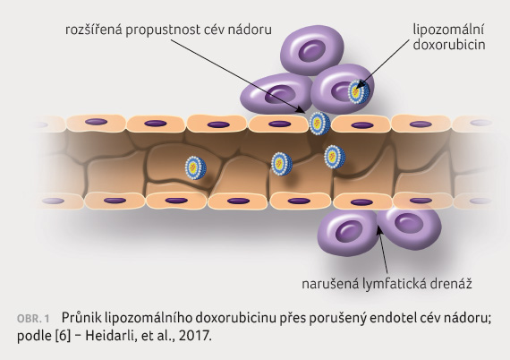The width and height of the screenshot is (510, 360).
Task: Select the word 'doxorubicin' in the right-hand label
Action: coord(449,45)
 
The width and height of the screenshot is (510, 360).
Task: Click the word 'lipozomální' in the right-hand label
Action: coord(448,30)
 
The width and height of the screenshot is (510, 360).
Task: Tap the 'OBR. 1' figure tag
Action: coord(33,319)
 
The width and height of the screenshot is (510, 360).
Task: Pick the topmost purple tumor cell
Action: coord(312,52)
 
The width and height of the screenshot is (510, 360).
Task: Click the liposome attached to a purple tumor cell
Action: coord(359,91)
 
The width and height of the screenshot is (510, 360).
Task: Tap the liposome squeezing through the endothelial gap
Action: coord(319,124)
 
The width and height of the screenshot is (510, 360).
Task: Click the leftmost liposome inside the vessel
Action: coord(196,167)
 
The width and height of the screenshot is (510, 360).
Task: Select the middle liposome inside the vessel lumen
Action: coord(282,164)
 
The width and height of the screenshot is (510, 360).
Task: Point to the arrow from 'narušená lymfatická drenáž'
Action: coord(383,250)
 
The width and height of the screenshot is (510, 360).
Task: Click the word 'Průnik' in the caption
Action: coord(81,317)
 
